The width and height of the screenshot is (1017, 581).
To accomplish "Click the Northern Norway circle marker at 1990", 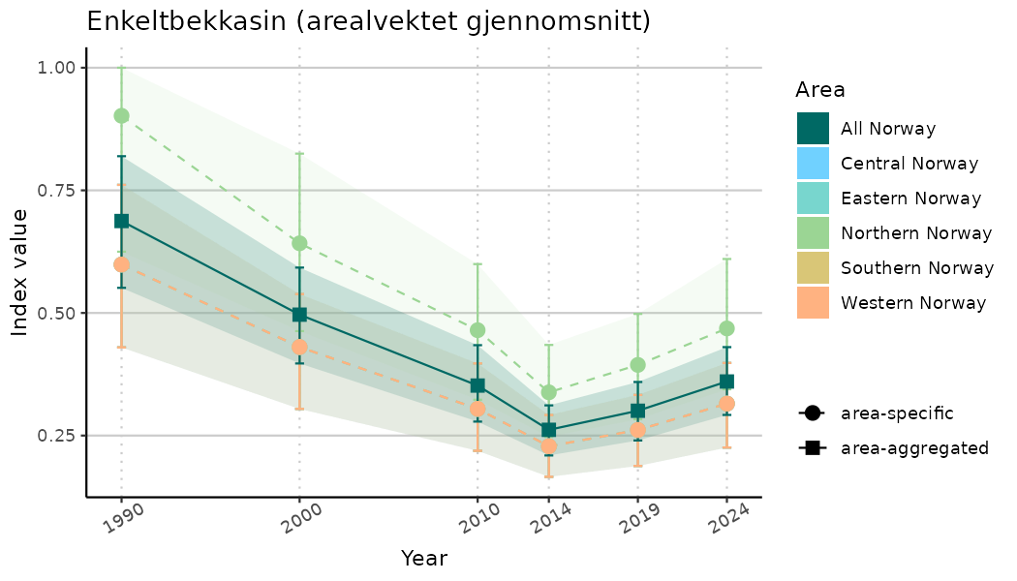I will [x=121, y=116].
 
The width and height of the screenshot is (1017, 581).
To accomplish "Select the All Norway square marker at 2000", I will [x=299, y=315].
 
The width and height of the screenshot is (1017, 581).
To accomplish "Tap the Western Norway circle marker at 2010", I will [x=478, y=409].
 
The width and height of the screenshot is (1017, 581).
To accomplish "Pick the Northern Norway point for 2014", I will [x=549, y=392].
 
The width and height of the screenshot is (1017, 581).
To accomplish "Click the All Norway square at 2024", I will [x=727, y=382].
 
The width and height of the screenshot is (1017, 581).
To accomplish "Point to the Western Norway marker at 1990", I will [x=121, y=264].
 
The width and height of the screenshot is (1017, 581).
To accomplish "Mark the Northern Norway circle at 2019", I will [x=638, y=365].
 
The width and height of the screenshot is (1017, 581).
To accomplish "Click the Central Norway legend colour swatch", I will [x=814, y=164].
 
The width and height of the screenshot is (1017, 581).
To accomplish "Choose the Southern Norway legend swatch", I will [x=814, y=268].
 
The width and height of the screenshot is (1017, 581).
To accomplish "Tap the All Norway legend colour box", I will [x=814, y=129].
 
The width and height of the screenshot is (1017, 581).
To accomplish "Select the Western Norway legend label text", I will [x=913, y=303].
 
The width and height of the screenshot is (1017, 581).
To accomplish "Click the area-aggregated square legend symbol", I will [x=812, y=448].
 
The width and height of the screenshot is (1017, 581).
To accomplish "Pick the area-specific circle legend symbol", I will [x=812, y=413].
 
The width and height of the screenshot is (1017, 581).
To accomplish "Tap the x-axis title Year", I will [x=424, y=559].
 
